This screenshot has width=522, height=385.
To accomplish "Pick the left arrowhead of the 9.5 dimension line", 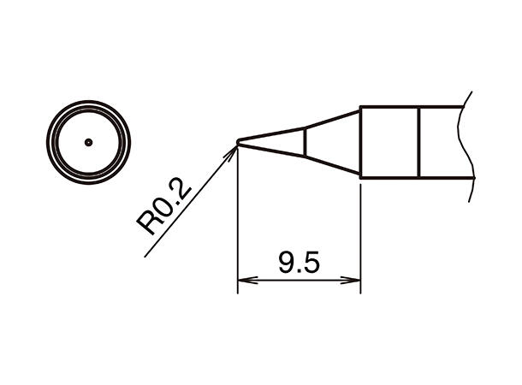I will [243, 280].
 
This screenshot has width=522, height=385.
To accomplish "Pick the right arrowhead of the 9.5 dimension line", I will [354, 280].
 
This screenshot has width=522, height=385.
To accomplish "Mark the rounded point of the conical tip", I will [238, 142].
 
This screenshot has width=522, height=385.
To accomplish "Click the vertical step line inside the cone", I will [305, 142].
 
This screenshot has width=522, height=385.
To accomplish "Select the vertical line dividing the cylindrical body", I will [419, 142].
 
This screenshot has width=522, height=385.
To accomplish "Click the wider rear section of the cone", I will [329, 142].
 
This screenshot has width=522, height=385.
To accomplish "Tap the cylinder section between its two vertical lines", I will [389, 142].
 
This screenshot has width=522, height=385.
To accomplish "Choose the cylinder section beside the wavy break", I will [443, 142].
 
